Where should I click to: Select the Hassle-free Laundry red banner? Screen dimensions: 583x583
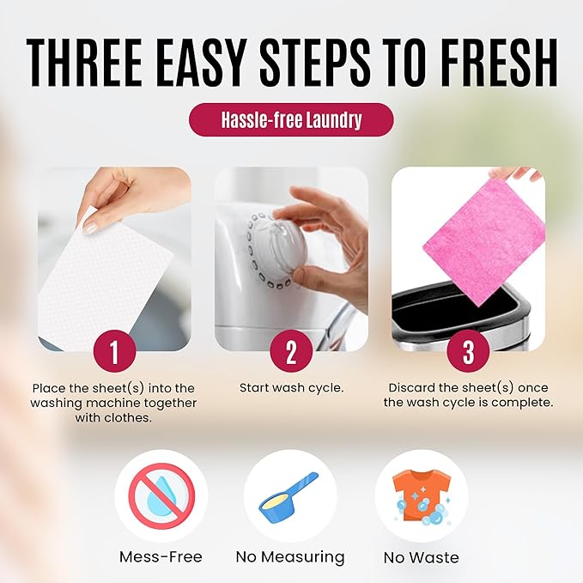click(291, 120)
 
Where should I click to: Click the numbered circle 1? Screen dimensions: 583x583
click(114, 351)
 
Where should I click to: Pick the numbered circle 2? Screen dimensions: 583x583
click(291, 351)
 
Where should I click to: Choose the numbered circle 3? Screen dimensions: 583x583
click(468, 351)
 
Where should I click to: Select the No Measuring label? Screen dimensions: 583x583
click(290, 557)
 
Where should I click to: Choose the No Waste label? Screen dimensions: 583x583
click(421, 557)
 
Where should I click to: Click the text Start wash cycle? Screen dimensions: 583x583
click(291, 388)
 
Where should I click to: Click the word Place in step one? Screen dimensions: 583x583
click(48, 388)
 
